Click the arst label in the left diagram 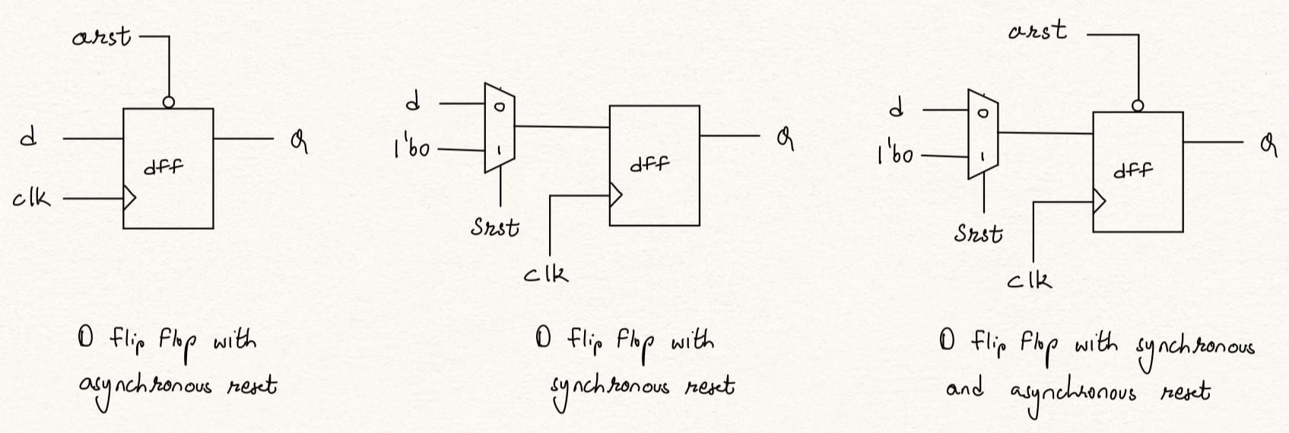pyautogui.click(x=101, y=37)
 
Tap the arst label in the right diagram pyautogui.click(x=1037, y=32)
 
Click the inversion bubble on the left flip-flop pyautogui.click(x=169, y=102)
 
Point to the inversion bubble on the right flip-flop pyautogui.click(x=1138, y=106)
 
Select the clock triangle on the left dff pyautogui.click(x=129, y=199)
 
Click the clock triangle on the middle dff pyautogui.click(x=615, y=195)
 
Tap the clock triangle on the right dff pyautogui.click(x=1099, y=201)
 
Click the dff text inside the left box pyautogui.click(x=164, y=166)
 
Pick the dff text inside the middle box pyautogui.click(x=649, y=164)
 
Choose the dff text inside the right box pyautogui.click(x=1133, y=170)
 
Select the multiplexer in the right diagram pyautogui.click(x=983, y=134)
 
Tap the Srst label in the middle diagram pyautogui.click(x=495, y=227)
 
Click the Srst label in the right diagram pyautogui.click(x=978, y=233)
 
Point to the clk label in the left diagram pyautogui.click(x=32, y=199)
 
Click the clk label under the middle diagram pyautogui.click(x=545, y=272)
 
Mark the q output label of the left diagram pyautogui.click(x=299, y=142)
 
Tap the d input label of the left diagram pyautogui.click(x=28, y=138)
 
